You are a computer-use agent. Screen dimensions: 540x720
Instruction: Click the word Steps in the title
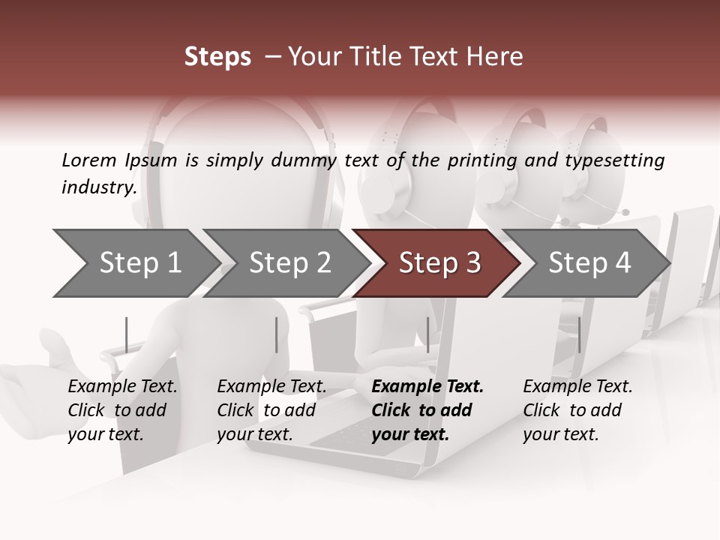point(217,57)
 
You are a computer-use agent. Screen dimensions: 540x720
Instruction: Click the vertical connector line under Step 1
point(127,334)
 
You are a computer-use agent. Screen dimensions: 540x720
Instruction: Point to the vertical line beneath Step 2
point(277,334)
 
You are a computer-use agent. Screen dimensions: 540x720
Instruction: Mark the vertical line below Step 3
point(427,334)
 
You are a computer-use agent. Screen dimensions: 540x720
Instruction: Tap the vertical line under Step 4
point(579,334)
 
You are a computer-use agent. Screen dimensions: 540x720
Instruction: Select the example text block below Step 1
point(122,410)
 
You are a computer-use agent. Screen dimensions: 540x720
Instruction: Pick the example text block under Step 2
point(271,410)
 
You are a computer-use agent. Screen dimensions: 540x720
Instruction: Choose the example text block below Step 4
point(577,410)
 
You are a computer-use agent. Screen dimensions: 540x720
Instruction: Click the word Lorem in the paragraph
point(89,160)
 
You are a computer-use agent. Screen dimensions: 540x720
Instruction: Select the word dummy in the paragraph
point(304,160)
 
